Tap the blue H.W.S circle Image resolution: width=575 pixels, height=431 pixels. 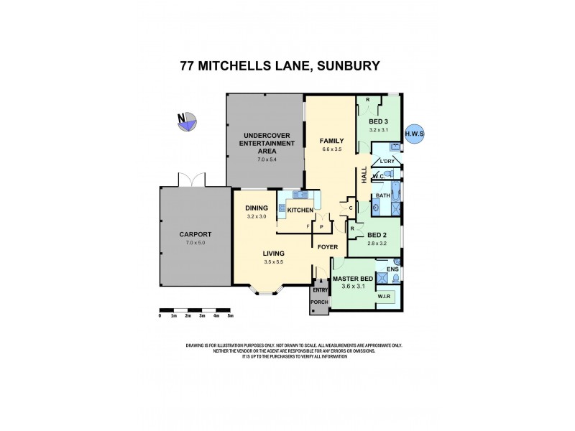[x=415, y=134]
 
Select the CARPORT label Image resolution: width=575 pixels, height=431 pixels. [x=195, y=235]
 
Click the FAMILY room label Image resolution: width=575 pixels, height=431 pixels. [x=331, y=141]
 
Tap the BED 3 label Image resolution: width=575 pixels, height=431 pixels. [x=378, y=121]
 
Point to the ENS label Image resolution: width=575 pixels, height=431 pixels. [x=392, y=269]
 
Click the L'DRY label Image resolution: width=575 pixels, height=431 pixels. [x=387, y=161]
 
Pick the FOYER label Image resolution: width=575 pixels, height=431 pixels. [x=328, y=249]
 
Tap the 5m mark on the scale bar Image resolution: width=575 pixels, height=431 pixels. [x=230, y=315]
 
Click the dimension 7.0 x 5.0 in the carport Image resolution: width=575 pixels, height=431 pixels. [x=195, y=243]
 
